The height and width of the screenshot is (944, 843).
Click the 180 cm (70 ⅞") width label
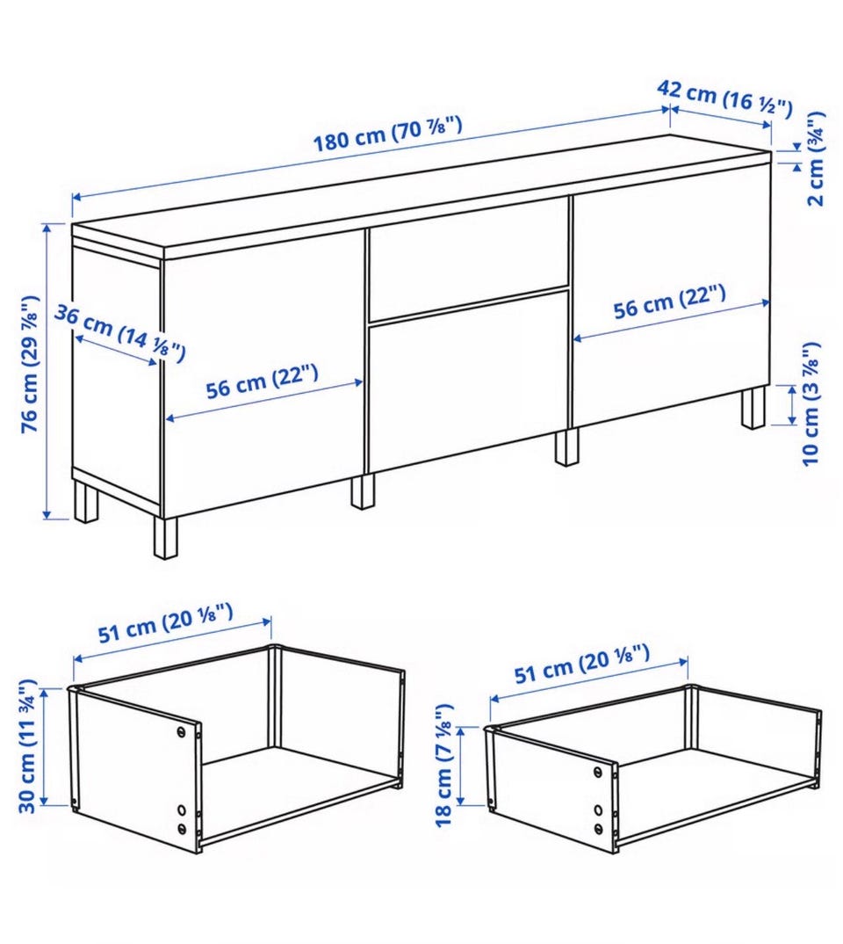(388, 134)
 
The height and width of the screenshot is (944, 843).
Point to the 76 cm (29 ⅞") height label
(30, 364)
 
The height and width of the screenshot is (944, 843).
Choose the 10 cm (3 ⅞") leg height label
(811, 404)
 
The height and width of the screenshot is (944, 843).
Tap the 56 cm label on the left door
(262, 381)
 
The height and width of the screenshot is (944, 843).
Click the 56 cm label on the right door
(669, 301)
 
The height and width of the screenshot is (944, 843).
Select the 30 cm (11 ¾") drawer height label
(27, 746)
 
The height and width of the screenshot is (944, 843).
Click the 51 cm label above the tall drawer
(165, 623)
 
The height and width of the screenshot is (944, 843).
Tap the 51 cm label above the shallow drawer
(582, 664)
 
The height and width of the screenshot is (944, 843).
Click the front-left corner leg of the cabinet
(165, 537)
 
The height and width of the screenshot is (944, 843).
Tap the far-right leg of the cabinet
(753, 408)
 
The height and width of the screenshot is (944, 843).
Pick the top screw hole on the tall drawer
(182, 731)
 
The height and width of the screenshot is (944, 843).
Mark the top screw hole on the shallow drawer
(597, 772)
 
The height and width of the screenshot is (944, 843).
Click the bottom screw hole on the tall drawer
(182, 828)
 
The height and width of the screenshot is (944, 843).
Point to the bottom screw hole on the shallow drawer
(598, 828)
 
